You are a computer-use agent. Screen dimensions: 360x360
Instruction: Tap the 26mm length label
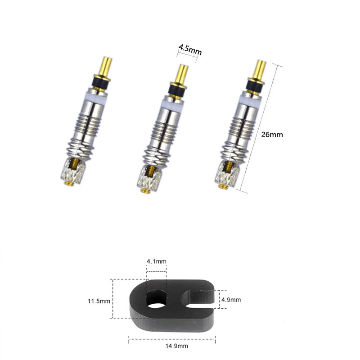pos(272,134)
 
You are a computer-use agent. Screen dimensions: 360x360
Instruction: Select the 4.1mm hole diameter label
pos(156,261)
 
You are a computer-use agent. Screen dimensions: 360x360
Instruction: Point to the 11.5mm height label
pos(99,300)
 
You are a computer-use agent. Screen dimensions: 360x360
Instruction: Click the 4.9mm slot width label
pos(231,299)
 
